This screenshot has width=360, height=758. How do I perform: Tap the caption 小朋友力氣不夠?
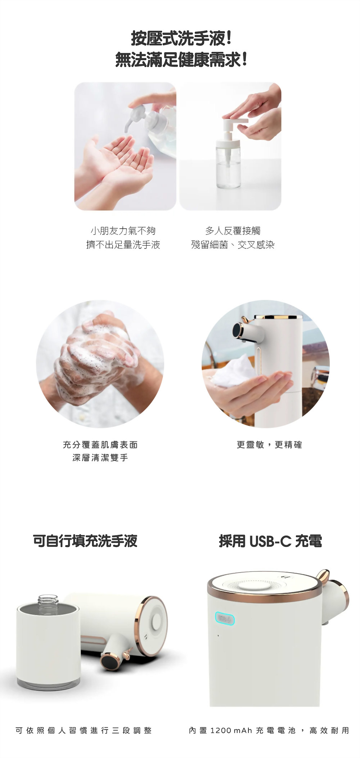pos(123,230)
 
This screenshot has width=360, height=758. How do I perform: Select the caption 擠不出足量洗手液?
pos(123,245)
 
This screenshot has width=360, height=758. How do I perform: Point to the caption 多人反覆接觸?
pos(233,230)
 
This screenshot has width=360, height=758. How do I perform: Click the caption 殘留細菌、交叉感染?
pos(233,245)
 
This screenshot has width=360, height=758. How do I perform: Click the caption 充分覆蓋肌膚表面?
pos(100,445)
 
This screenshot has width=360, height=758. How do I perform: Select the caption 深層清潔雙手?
pos(100,458)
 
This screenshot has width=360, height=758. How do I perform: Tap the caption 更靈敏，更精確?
pos(269,445)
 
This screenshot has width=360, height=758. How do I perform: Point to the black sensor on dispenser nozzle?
pos(238,330)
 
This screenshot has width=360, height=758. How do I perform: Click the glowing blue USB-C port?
pos(225,619)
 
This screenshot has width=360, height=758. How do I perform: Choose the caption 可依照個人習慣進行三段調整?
pos(84,730)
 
